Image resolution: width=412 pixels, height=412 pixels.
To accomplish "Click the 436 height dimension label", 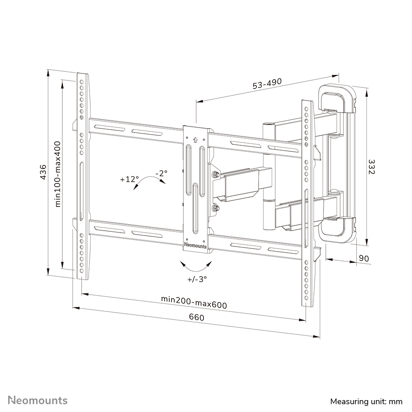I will click(42, 172).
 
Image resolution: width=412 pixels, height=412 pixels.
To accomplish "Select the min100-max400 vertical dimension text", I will click(57, 174).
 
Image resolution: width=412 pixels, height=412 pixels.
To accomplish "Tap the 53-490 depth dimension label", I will click(267, 84).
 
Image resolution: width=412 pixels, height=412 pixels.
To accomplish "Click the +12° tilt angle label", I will click(130, 179).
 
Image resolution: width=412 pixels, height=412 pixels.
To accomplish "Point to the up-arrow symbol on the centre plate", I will click(196, 139).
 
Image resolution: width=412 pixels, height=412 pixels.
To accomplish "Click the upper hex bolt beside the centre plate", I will click(215, 175).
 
